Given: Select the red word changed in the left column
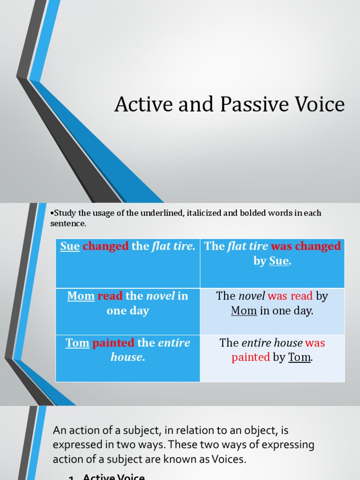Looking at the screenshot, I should click(105, 247).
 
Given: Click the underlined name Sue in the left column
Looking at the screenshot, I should click(70, 247).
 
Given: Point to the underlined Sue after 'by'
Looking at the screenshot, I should click(279, 261).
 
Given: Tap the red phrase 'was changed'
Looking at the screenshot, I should click(306, 247).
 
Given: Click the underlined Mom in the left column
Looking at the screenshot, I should click(81, 296).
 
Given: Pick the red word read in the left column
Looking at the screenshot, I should click(110, 296).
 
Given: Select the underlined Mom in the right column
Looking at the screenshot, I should click(244, 311).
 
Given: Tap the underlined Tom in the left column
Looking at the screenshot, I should click(77, 343).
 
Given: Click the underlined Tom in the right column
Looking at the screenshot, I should click(299, 357).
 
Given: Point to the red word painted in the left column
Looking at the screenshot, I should click(113, 343).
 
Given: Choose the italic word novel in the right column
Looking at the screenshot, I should click(252, 296).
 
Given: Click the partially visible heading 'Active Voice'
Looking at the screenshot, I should click(114, 476).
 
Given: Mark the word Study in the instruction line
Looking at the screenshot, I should click(63, 213).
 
